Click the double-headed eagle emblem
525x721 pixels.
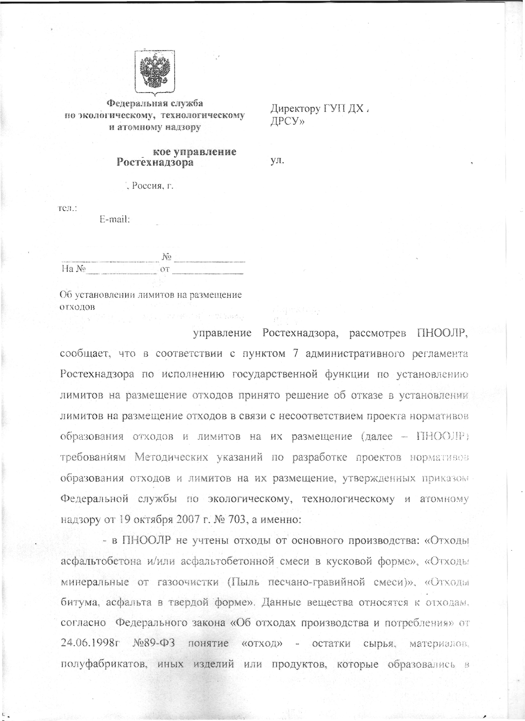click(x=155, y=72)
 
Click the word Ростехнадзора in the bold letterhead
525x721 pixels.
click(x=155, y=162)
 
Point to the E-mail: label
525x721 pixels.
click(x=114, y=219)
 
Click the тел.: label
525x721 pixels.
click(x=67, y=208)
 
